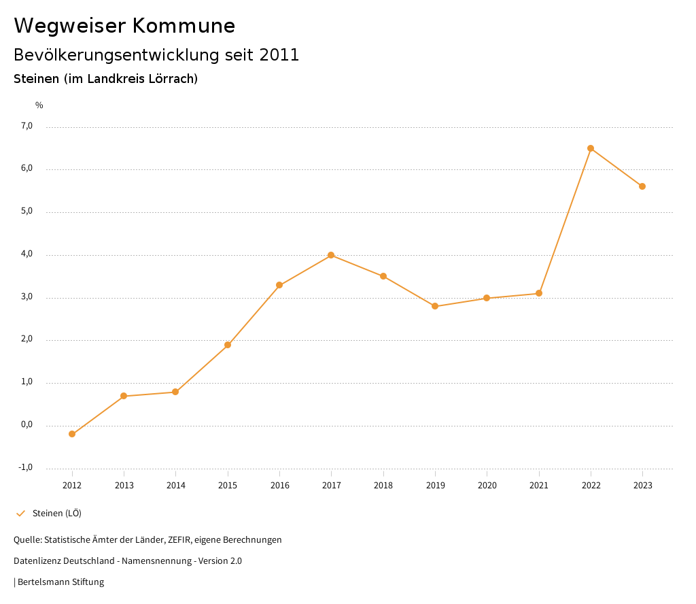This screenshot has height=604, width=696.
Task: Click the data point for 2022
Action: (x=591, y=148)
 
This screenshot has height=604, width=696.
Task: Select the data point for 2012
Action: (x=72, y=434)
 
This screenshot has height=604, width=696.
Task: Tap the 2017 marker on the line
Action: (x=331, y=255)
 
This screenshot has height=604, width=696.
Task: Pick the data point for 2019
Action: (x=435, y=306)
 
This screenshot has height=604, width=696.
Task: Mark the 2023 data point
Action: (x=642, y=186)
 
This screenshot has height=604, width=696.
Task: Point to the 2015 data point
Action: (x=228, y=345)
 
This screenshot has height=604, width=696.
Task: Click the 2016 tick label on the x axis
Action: (x=279, y=485)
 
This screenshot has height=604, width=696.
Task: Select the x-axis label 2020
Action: (x=487, y=485)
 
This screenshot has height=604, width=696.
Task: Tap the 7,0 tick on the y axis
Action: (x=27, y=126)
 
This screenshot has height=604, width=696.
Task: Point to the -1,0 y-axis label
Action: (x=26, y=467)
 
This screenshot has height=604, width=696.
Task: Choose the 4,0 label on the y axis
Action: (x=27, y=254)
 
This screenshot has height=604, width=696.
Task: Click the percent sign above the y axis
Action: (x=39, y=105)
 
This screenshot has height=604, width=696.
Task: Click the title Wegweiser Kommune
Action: (x=124, y=26)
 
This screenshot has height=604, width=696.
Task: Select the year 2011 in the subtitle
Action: (x=279, y=55)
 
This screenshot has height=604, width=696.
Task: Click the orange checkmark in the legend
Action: (x=20, y=514)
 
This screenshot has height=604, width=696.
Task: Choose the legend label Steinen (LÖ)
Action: (x=57, y=513)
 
